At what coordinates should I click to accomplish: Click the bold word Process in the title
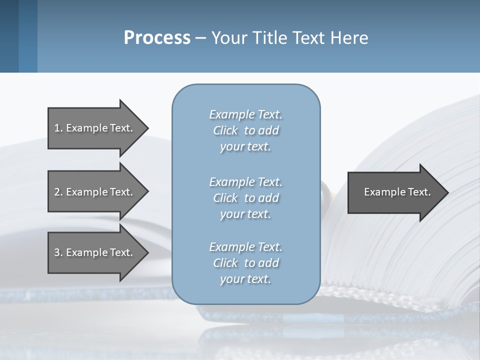tap(157, 38)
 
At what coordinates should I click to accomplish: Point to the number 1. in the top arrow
tap(58, 128)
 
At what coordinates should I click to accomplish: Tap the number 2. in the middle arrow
tap(58, 192)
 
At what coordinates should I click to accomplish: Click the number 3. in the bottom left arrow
tap(58, 252)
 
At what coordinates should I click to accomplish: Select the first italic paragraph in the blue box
tap(245, 130)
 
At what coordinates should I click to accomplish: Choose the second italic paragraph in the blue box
tap(245, 198)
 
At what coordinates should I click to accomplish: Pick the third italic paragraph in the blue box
tap(245, 263)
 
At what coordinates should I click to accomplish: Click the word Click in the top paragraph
tap(225, 130)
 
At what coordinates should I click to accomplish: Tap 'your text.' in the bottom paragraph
tap(245, 279)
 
